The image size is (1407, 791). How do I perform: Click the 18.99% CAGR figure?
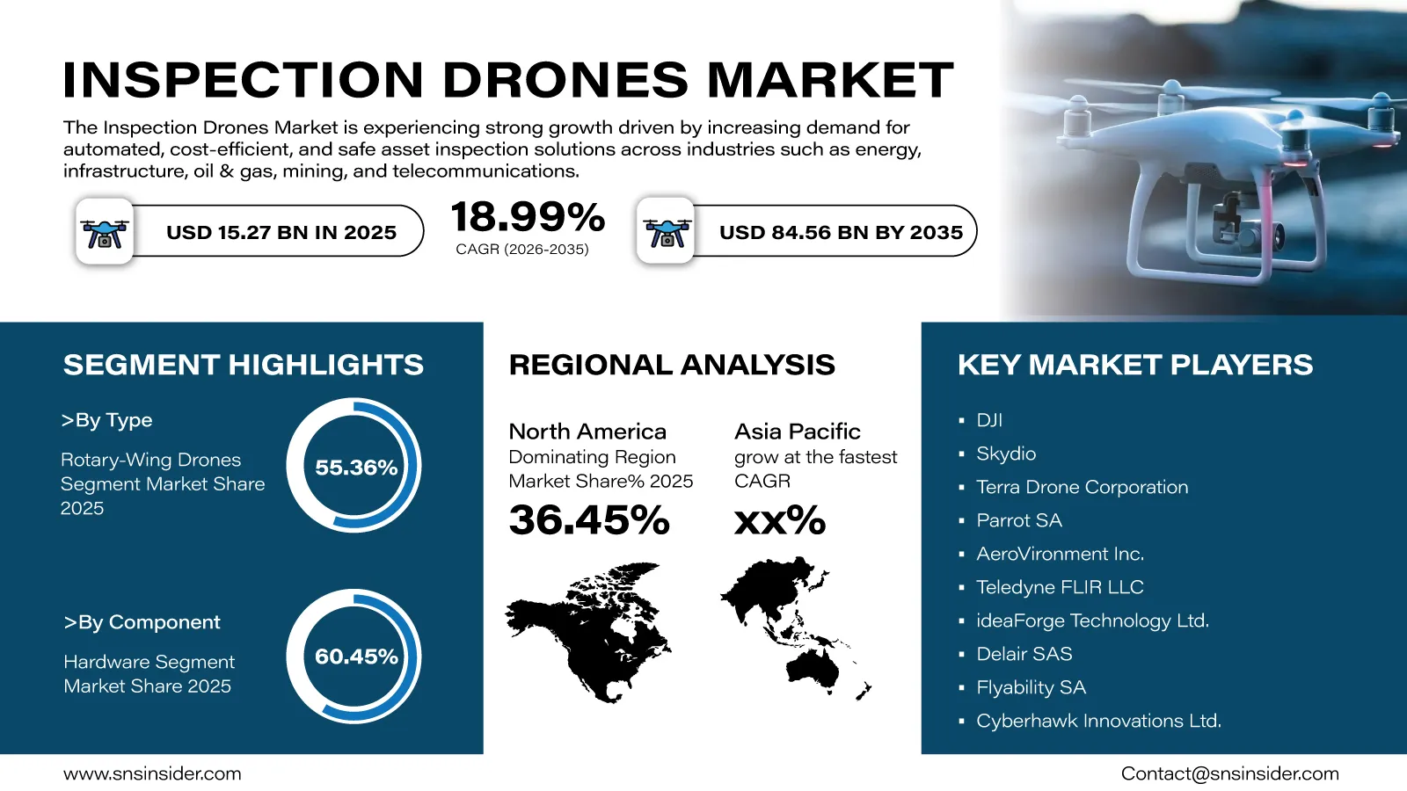click(528, 217)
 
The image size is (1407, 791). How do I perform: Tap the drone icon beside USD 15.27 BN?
click(105, 233)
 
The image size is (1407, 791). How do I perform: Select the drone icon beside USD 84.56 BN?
click(667, 233)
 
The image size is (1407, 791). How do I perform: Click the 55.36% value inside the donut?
click(356, 467)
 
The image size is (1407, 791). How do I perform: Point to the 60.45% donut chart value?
click(356, 657)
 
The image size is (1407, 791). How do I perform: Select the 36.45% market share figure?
click(589, 520)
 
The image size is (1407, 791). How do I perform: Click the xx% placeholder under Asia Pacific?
click(779, 520)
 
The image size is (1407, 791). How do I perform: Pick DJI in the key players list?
click(989, 420)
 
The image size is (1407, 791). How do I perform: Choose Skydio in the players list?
click(1006, 454)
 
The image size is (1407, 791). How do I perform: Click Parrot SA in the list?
click(1019, 520)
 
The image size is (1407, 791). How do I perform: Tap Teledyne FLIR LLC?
click(1060, 587)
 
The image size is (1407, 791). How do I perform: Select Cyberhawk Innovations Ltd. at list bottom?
click(1098, 721)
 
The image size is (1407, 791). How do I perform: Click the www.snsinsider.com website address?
click(152, 773)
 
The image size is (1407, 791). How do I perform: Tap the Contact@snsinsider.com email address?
click(1230, 773)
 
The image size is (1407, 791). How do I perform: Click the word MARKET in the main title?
click(830, 80)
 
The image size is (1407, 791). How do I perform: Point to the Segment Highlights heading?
click(244, 365)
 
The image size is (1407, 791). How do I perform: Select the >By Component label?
click(142, 622)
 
